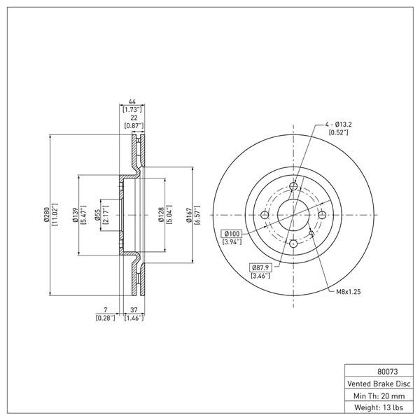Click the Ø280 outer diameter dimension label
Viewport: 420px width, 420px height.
(46, 215)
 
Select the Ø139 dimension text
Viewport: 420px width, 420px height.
(75, 215)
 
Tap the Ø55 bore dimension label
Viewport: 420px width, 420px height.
(98, 215)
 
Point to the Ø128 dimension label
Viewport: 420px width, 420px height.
(161, 215)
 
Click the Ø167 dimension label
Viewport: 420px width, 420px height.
(190, 215)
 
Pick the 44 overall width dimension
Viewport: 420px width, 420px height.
(132, 101)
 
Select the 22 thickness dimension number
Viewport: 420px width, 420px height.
(134, 118)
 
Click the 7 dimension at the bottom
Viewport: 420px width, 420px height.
(106, 309)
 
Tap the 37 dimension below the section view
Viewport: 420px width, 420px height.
(134, 309)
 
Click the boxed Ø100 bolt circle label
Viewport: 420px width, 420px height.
(232, 234)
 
